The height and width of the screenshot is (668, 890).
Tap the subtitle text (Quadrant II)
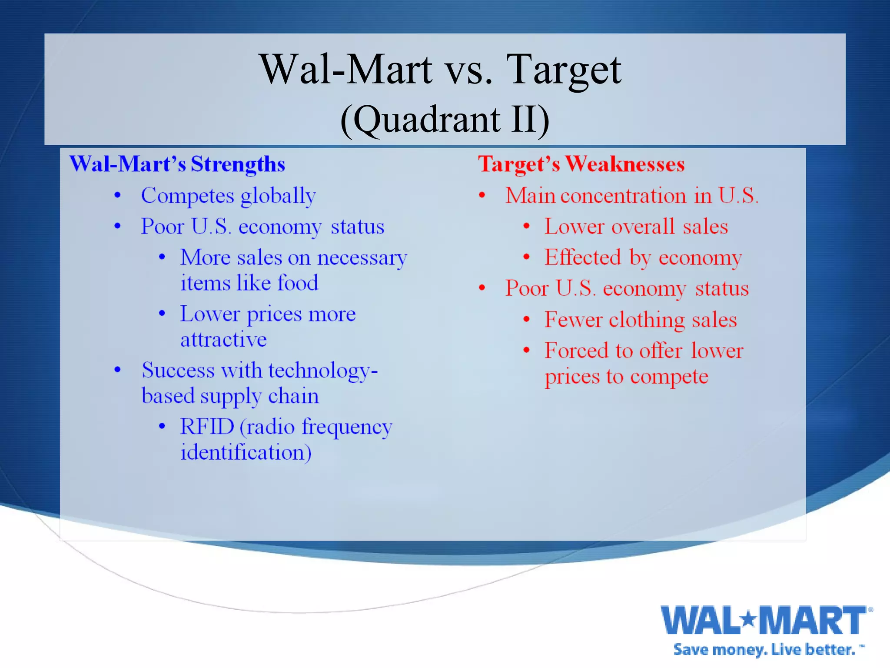[445, 120]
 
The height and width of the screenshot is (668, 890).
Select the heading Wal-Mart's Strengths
[177, 164]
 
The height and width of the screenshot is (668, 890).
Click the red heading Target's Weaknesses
[581, 164]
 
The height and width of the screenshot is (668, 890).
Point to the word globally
[278, 196]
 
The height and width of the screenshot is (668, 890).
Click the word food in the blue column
[298, 283]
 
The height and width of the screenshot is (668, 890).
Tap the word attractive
[223, 340]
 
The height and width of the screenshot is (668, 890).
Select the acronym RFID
[207, 427]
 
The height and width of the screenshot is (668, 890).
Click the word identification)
[246, 452]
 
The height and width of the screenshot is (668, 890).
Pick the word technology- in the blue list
[323, 371]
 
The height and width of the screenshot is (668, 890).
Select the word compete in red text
[669, 377]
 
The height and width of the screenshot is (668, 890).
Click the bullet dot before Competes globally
[117, 195]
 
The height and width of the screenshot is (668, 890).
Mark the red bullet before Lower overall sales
[526, 226]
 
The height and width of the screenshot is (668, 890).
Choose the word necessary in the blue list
[362, 258]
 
